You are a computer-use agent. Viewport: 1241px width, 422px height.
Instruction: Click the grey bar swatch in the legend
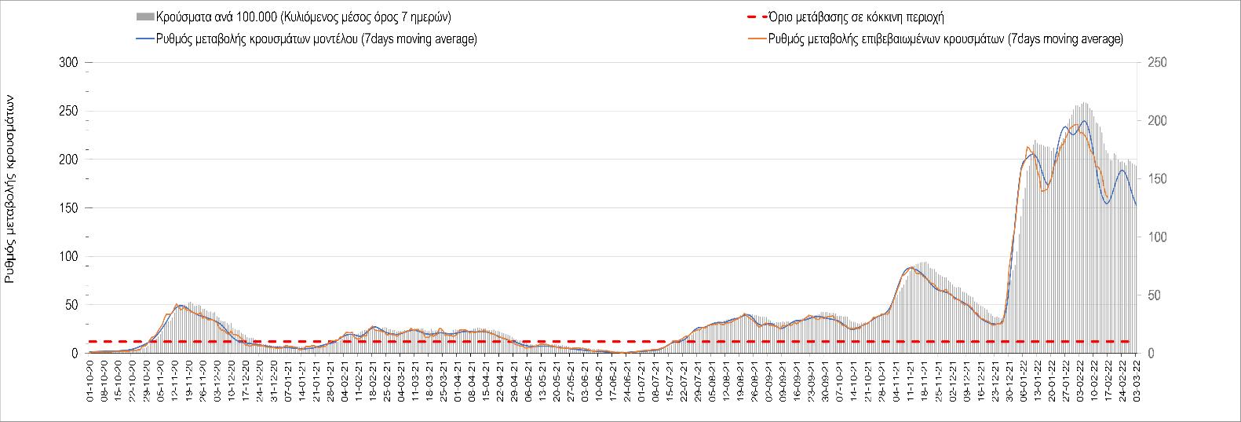tap(145, 17)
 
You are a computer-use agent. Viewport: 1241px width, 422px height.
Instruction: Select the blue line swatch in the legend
tap(145, 39)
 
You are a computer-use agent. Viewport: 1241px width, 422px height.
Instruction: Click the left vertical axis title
tap(11, 189)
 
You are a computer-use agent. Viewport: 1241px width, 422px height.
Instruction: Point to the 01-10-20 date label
tap(90, 381)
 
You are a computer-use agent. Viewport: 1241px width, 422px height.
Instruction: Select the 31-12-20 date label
tap(275, 381)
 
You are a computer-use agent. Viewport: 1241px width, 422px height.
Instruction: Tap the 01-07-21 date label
tap(643, 381)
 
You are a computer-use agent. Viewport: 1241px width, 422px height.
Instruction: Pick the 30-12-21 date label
tap(1010, 381)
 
